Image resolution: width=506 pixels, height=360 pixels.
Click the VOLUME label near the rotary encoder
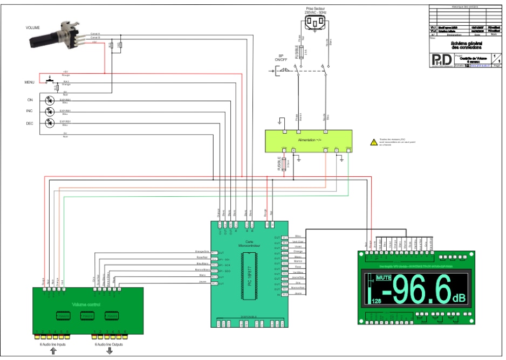(x=33, y=27)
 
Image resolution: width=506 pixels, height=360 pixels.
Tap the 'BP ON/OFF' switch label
(x=281, y=59)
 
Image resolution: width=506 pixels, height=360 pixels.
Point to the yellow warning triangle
(x=373, y=142)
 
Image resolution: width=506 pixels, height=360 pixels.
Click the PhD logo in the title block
(x=442, y=59)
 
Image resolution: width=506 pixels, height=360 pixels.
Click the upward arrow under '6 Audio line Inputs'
(x=53, y=352)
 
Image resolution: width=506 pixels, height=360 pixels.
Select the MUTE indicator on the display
(x=384, y=278)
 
